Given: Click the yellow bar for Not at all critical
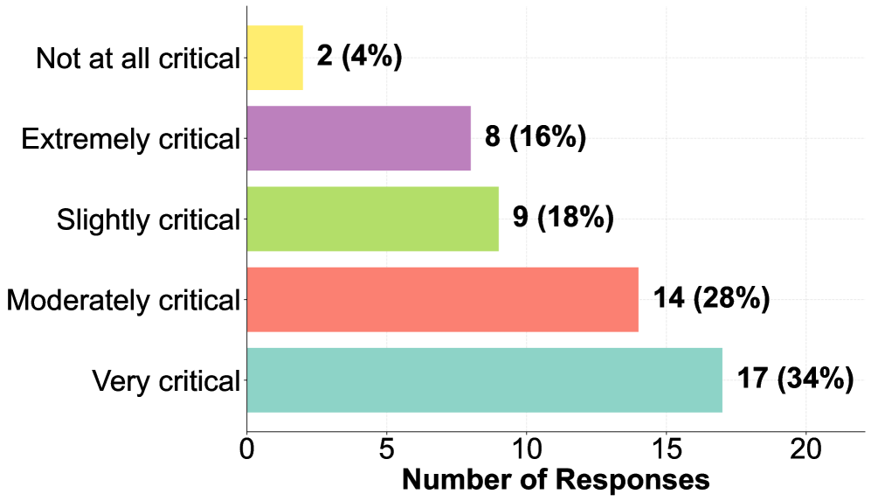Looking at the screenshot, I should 275,58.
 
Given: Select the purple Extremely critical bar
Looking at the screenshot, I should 359,138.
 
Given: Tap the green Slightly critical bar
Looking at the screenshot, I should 373,219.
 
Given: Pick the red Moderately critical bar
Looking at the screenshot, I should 443,300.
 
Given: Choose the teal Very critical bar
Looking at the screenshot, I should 485,380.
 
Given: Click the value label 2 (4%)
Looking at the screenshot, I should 359,58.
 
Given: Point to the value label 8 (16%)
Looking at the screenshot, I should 535,138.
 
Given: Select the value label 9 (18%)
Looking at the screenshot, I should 563,219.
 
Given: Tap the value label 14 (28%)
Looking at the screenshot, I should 711,300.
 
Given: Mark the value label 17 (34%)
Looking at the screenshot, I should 795,380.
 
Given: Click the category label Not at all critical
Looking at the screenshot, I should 137,59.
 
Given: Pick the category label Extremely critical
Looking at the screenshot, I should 130,139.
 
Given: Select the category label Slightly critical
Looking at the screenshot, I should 148,220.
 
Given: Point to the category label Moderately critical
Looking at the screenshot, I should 122,301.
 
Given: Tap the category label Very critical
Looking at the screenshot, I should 165,381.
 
